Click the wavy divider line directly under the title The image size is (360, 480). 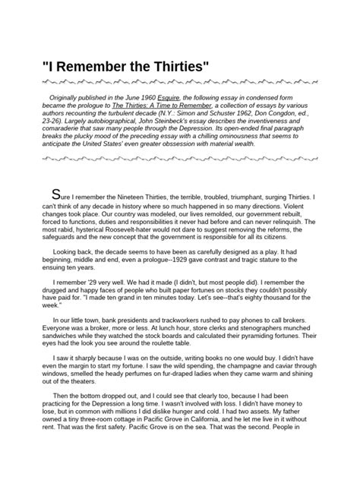click(x=179, y=81)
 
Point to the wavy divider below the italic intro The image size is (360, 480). click(x=179, y=162)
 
